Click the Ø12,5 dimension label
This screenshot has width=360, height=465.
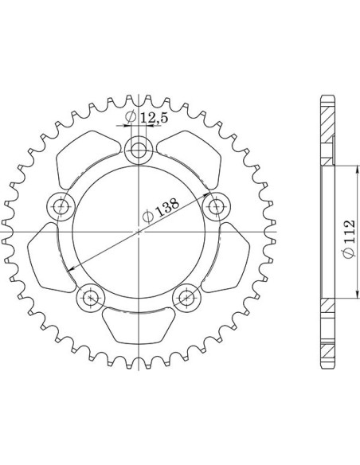pos(147,117)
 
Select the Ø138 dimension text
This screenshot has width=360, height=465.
pos(161,209)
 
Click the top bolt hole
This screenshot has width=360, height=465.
pos(139,150)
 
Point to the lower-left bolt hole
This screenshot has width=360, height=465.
pos(91,298)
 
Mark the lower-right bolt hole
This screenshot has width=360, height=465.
pos(186,298)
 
